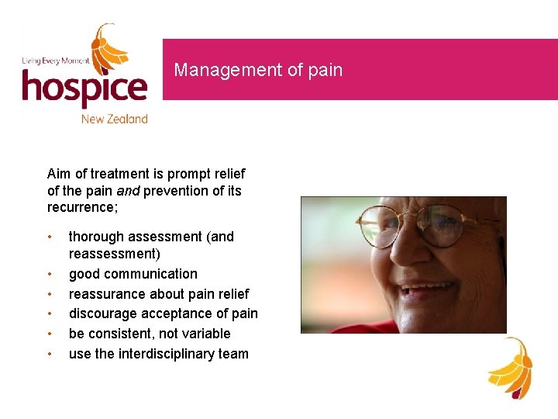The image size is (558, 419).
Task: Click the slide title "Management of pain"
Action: pos(258,70)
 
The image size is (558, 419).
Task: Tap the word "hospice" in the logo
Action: pos(84,88)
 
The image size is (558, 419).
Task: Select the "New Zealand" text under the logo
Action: pos(114,119)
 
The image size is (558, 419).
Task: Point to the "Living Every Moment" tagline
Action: pos(55,61)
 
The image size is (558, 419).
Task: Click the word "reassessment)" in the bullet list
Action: pos(115,254)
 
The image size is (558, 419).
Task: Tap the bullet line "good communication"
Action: pos(133,274)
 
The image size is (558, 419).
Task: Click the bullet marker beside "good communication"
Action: pos(50,275)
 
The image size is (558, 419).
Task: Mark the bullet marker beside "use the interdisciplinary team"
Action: pos(50,355)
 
